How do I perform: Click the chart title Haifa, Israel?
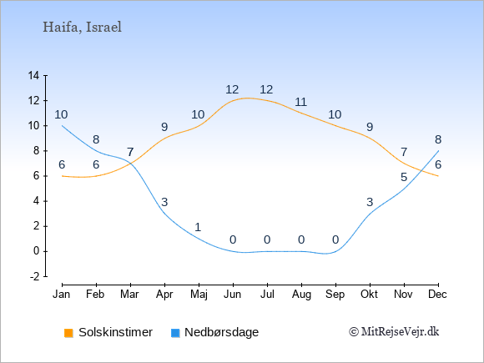pos(82,28)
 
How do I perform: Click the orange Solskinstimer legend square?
pos(68,333)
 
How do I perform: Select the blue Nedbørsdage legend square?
pos(175,333)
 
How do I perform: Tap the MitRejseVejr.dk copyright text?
pos(394,332)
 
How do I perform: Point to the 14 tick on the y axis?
pos(33,75)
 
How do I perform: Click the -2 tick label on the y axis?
pos(35,276)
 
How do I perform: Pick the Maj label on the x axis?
pos(199,295)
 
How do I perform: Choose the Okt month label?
pos(369,295)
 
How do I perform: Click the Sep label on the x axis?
pos(335,295)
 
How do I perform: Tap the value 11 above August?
pos(300,102)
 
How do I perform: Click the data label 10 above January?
pos(61,114)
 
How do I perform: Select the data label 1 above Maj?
pos(198,227)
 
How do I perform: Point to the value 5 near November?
pos(404,177)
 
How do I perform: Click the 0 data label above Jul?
pos(267,239)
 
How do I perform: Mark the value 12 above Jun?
pos(232,89)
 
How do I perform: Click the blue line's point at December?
pos(438,151)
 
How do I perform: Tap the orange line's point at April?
pos(164,138)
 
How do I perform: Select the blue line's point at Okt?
pos(370,214)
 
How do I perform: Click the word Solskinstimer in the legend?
pos(115,332)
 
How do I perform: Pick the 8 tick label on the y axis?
pos(37,151)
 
